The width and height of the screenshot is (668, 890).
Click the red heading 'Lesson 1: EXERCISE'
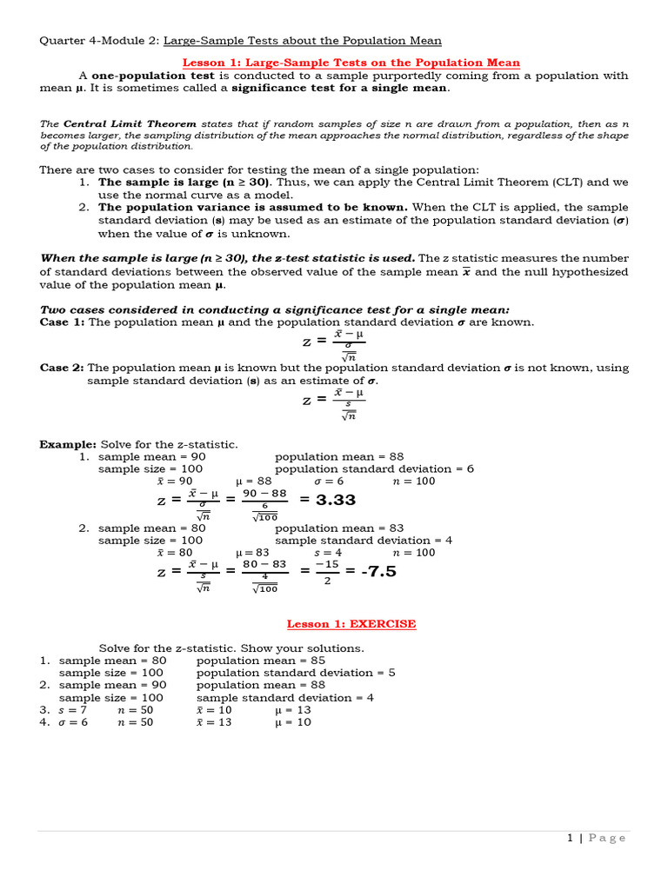[351, 624]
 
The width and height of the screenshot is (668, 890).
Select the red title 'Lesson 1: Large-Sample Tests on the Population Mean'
[351, 63]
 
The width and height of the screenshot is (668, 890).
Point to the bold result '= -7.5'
[371, 571]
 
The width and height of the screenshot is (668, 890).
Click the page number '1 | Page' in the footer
[596, 838]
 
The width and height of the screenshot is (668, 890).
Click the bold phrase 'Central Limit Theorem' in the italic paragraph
[130, 123]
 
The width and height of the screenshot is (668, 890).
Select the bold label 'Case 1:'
[62, 322]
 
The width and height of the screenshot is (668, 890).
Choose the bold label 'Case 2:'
[62, 368]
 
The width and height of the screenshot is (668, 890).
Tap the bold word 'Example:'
[69, 444]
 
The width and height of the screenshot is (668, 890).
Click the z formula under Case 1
[334, 342]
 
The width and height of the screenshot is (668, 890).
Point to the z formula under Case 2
[334, 401]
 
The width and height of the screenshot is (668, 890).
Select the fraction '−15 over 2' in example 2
[327, 573]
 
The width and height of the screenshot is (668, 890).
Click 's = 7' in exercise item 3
[72, 710]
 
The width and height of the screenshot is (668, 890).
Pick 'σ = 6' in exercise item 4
[72, 722]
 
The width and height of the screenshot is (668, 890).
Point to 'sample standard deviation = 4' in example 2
[364, 540]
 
